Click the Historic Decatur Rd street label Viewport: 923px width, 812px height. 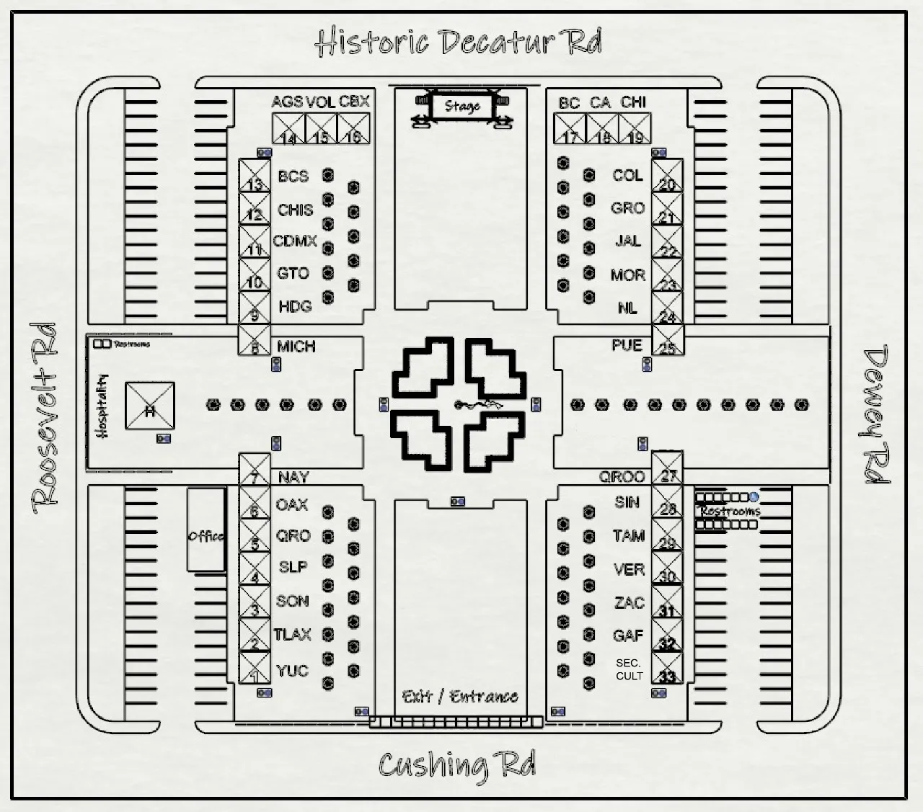click(459, 42)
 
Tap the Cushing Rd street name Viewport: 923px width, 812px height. click(457, 765)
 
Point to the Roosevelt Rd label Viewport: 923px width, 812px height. click(45, 418)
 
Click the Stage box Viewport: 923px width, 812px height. click(461, 107)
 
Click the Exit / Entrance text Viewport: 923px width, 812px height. click(460, 696)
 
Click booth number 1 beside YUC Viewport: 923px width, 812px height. click(255, 669)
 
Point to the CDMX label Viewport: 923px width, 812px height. click(295, 241)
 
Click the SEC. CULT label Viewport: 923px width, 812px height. click(629, 669)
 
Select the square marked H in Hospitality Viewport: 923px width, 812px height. click(150, 406)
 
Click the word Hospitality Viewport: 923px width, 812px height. click(102, 406)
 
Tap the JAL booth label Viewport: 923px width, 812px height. click(627, 241)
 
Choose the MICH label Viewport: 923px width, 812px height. click(296, 347)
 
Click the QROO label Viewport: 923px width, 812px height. click(622, 477)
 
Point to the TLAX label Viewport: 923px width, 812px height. click(293, 635)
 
